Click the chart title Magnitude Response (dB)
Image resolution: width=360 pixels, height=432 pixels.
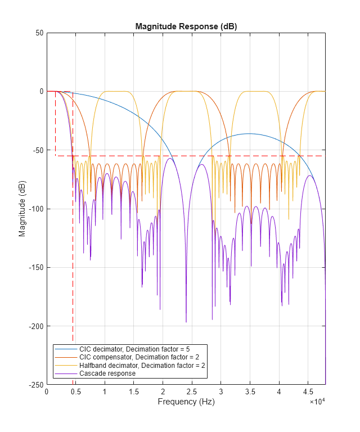[x=186, y=27]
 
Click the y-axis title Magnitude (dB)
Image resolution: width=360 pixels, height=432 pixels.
[x=22, y=209]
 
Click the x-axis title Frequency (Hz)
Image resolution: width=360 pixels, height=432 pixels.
[x=186, y=402]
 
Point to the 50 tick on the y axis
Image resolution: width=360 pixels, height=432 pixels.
[x=40, y=33]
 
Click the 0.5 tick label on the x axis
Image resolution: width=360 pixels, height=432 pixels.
[x=76, y=391]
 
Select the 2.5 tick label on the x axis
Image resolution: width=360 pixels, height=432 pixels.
[x=192, y=391]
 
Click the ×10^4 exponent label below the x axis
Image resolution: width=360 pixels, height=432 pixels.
[x=317, y=402]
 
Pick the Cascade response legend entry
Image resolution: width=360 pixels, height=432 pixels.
[x=107, y=373]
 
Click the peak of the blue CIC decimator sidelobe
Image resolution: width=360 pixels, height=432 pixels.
[x=249, y=134]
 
